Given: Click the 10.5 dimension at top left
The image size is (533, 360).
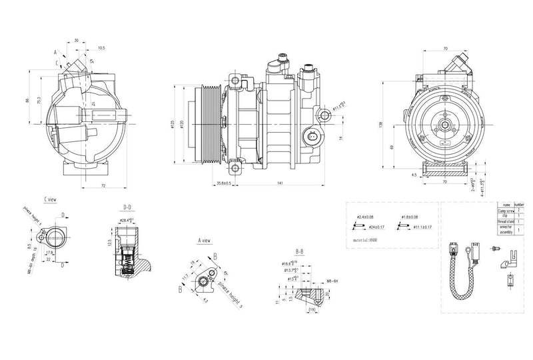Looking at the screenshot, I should [x=101, y=48].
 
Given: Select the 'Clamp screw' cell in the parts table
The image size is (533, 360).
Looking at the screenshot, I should [x=506, y=210].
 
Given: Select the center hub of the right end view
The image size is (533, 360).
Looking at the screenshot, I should [x=442, y=125].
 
